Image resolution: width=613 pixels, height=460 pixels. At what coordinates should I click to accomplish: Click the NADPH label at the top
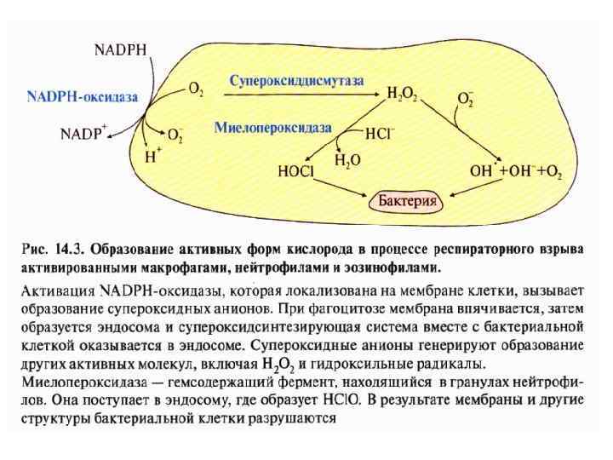(118, 49)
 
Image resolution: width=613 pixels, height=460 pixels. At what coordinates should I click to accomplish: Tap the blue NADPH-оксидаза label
(83, 98)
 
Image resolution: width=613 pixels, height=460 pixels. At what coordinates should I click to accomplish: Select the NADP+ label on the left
(83, 134)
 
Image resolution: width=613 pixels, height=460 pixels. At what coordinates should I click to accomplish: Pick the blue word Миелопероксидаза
(272, 127)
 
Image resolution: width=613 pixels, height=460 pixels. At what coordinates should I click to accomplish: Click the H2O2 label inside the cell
(402, 94)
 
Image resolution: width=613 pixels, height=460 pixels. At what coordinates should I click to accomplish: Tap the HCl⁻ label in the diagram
(381, 134)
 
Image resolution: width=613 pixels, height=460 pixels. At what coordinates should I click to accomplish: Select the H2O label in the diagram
(347, 159)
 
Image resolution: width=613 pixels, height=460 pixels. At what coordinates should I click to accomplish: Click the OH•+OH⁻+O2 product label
(516, 171)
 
